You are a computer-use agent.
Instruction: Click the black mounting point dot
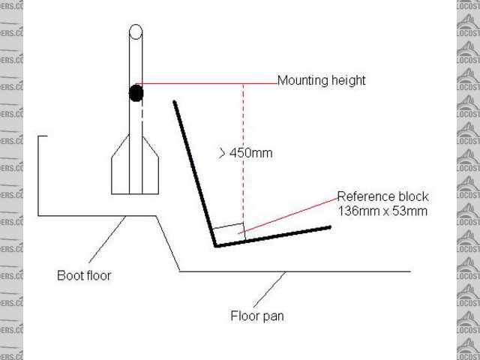point(136,93)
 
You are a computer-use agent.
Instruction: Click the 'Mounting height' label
point(322,80)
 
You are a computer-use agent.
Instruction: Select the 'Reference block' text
point(382,196)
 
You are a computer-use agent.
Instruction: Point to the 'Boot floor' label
point(84,275)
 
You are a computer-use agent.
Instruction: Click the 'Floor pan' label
point(256,316)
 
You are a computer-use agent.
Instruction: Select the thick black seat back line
point(194,172)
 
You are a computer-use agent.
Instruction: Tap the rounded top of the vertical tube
point(136,31)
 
